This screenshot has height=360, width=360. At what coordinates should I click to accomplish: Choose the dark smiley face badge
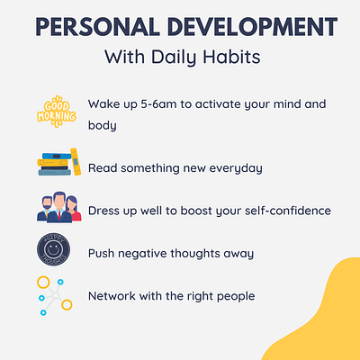pos(55,250)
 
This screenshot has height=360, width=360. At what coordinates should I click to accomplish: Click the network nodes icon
pos(55,294)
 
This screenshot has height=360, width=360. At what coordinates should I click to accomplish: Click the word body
pos(103,127)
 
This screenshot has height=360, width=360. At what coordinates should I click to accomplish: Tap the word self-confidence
pos(281,211)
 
